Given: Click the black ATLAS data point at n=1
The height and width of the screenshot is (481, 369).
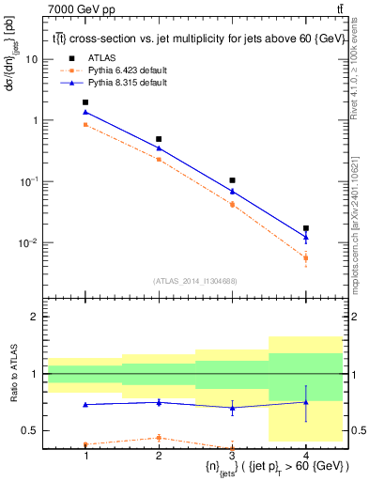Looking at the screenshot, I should pos(85,102).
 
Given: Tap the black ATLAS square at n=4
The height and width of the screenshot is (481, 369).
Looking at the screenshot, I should pos(306,228).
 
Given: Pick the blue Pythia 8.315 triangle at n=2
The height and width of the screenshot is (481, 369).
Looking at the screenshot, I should pos(159,148).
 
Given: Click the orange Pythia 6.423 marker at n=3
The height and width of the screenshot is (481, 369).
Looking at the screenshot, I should pos(232,204).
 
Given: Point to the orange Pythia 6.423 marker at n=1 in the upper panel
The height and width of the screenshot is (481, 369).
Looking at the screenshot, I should pos(85,124).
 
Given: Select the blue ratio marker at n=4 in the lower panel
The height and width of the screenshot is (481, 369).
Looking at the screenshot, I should pos(306,402).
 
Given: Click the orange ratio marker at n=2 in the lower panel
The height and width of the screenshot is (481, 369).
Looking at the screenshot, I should pos(159,437).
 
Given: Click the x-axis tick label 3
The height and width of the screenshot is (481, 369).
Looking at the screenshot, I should pos(232,455).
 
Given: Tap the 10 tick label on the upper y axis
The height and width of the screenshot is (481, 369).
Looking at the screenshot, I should pos(33,59).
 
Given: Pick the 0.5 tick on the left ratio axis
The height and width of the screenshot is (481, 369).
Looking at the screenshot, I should pos(31,431).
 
